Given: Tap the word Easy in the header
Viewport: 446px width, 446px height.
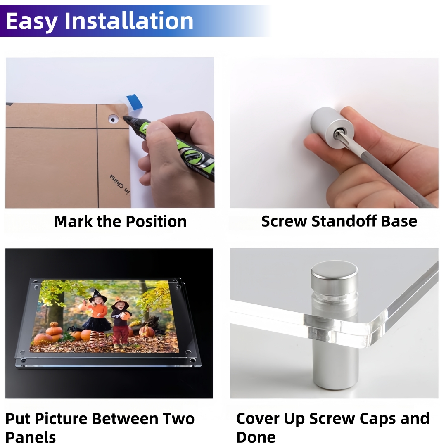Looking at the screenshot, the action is tap(31, 22).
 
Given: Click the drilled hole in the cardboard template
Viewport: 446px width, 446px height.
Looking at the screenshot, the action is tap(113, 119).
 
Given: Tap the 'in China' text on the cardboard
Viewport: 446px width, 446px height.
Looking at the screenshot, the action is tap(120, 185).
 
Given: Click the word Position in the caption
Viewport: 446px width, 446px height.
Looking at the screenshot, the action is tap(156, 222).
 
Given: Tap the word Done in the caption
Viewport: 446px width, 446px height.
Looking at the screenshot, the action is tap(256, 437).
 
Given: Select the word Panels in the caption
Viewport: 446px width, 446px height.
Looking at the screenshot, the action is tap(31, 437).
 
